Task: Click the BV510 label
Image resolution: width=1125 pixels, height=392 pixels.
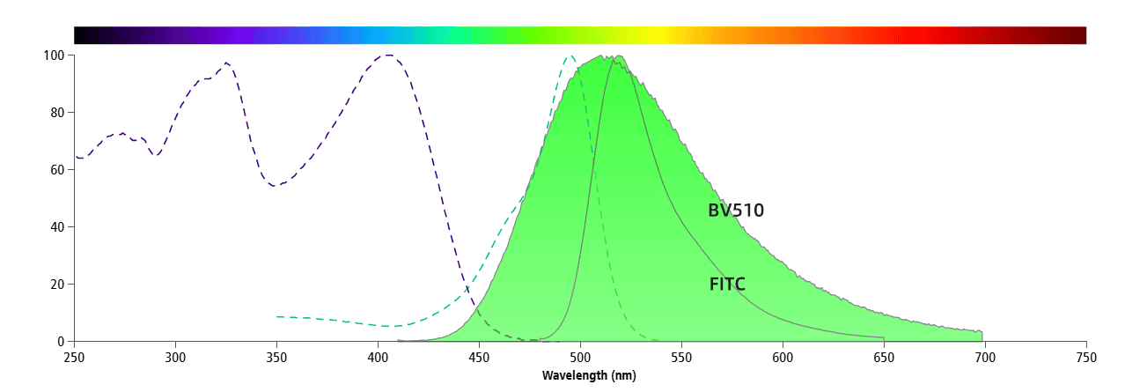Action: click(735, 211)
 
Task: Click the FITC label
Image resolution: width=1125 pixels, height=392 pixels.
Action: click(727, 284)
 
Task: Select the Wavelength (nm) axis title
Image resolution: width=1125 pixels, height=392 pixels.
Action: click(588, 376)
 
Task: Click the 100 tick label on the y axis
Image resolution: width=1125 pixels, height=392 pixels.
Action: click(54, 55)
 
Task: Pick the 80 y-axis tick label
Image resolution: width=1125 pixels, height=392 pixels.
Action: click(57, 113)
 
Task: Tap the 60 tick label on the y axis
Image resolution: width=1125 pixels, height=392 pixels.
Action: click(57, 170)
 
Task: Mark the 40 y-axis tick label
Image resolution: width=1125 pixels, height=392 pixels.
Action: click(57, 227)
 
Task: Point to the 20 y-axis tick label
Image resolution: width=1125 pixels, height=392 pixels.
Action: click(57, 285)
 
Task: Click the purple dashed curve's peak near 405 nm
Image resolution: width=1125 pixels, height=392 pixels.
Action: click(387, 55)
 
